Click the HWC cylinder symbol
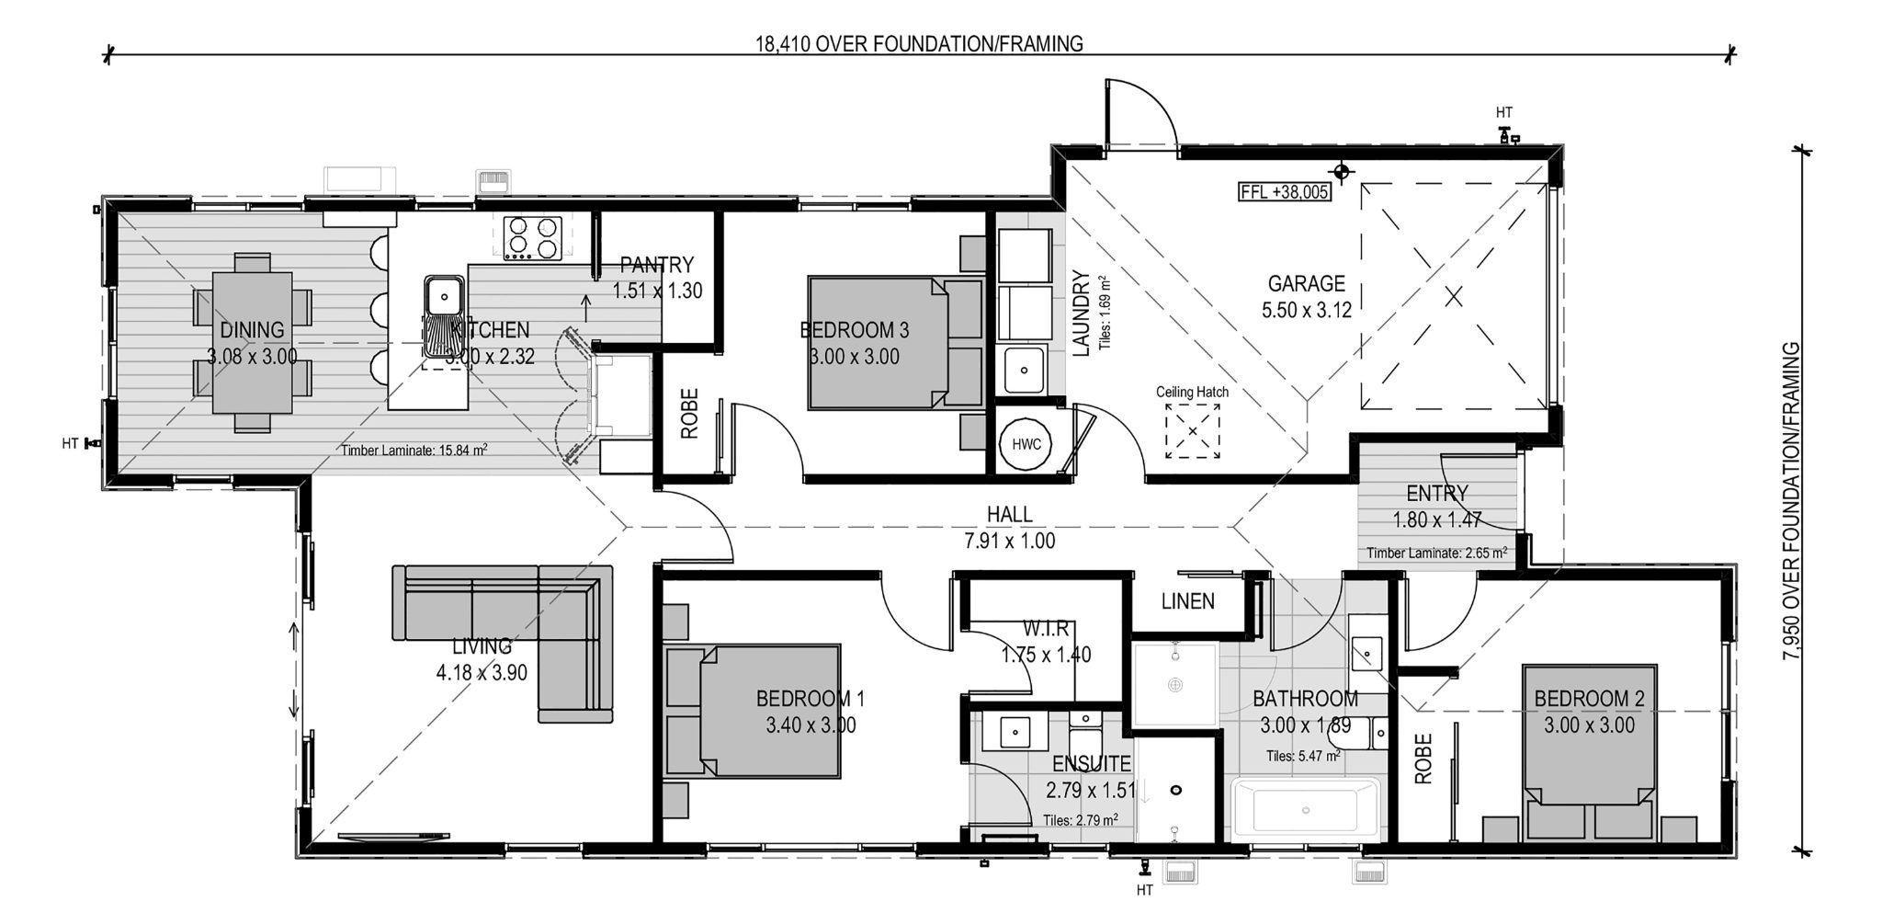pos(1026,444)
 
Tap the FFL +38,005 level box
pos(1285,192)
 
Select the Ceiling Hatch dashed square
pos(1192,431)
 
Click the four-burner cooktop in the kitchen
pos(532,235)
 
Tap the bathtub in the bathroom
pos(1305,810)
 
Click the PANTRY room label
pos(656,266)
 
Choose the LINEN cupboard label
pos(1187,601)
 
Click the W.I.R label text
pos(1046,629)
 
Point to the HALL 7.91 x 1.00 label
pos(1009,528)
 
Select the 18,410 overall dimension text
pos(919,43)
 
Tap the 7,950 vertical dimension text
pos(1790,501)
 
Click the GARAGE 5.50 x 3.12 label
pos(1306,296)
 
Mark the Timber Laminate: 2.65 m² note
pos(1435,554)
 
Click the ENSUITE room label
pos(1091,764)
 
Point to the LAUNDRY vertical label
pos(1081,313)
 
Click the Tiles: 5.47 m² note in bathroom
pos(1302,756)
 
